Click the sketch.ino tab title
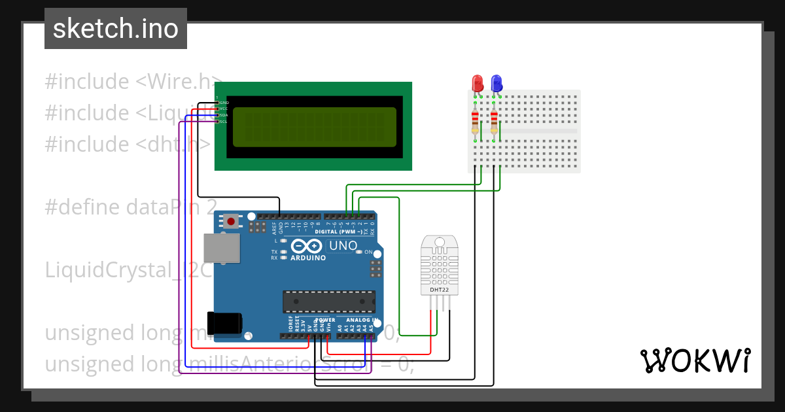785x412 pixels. coord(115,29)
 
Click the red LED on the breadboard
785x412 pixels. coord(478,83)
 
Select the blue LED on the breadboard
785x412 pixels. coord(497,83)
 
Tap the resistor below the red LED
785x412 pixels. coord(476,121)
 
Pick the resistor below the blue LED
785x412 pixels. coord(494,121)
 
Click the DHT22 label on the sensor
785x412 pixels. coord(439,289)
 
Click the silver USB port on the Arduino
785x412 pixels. coord(222,249)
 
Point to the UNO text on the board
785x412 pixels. coord(342,246)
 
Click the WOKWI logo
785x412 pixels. coord(695,360)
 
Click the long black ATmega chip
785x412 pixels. coord(329,301)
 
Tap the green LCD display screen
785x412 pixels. coord(314,127)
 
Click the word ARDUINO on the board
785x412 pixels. coord(307,258)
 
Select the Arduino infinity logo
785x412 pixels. coord(307,246)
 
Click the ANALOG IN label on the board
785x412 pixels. coord(358,320)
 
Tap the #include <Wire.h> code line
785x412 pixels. coord(131,82)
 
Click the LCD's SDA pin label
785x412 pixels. coord(223,115)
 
